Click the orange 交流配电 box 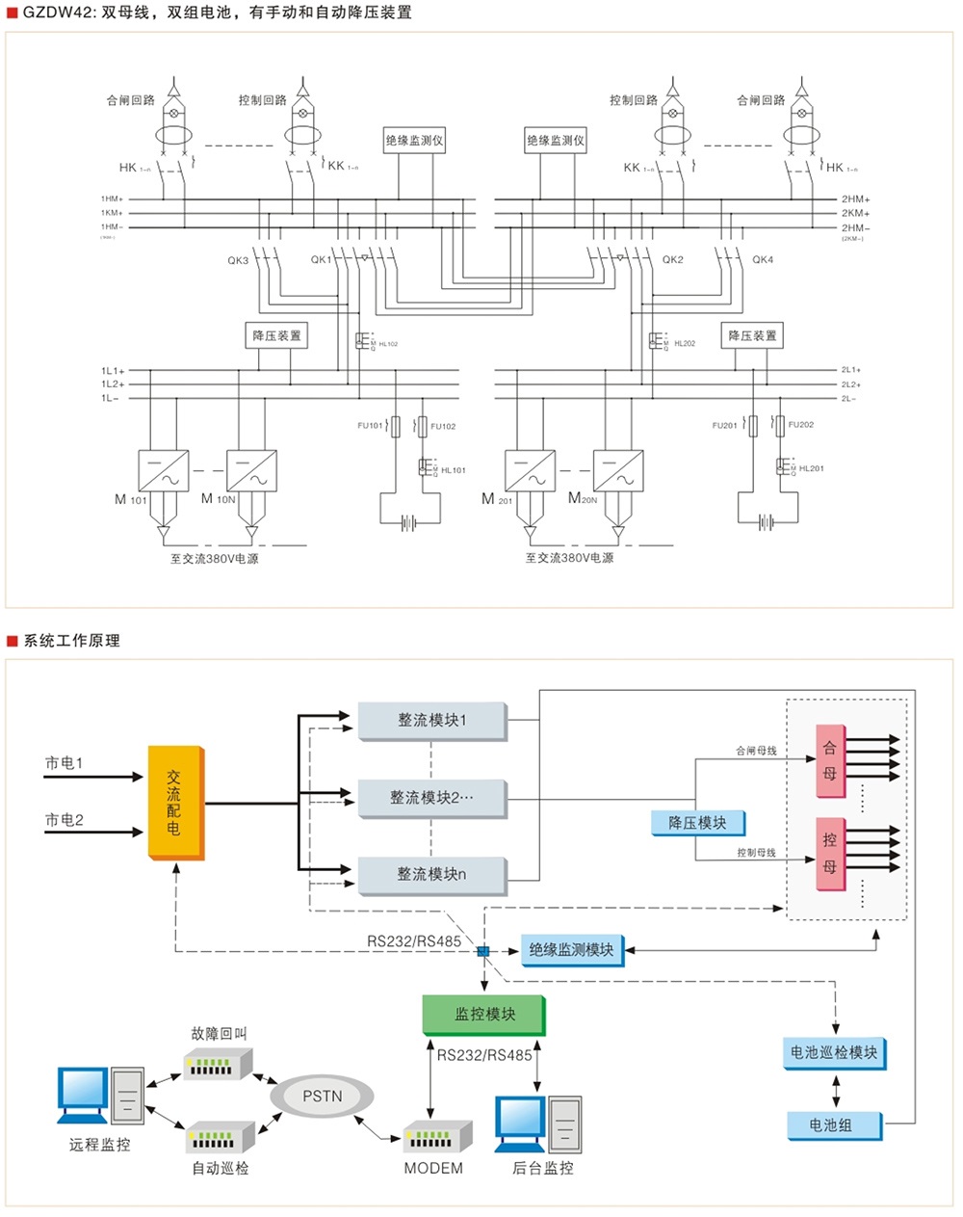(x=174, y=802)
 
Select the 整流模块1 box (x=431, y=721)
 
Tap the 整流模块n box (x=431, y=875)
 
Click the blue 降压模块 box (x=697, y=823)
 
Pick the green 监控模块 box (x=484, y=1015)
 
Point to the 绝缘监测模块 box (x=571, y=950)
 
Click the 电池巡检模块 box (x=834, y=1053)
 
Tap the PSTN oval (x=322, y=1096)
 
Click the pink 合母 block (x=830, y=761)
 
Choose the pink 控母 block (x=830, y=854)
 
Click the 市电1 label (x=65, y=763)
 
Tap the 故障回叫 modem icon (x=219, y=1063)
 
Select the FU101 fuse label (x=370, y=426)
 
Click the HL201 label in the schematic (x=811, y=468)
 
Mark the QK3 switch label (x=238, y=260)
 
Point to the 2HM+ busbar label (x=855, y=199)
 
